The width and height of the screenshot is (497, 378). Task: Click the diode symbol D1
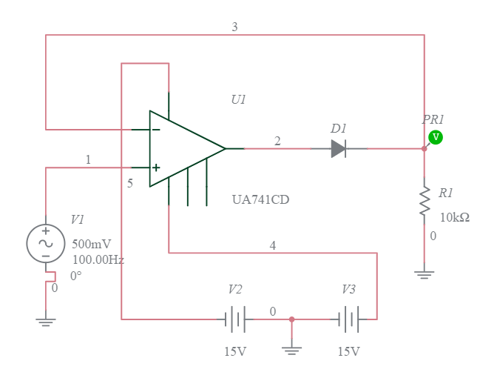pyautogui.click(x=339, y=149)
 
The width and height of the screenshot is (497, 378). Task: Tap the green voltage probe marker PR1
pyautogui.click(x=436, y=137)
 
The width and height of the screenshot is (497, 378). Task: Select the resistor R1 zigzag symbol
pyautogui.click(x=425, y=202)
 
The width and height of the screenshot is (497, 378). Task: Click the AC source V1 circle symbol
pyautogui.click(x=46, y=244)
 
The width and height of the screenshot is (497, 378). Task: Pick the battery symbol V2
pyautogui.click(x=235, y=319)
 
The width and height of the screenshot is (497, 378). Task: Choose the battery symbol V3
pyautogui.click(x=348, y=319)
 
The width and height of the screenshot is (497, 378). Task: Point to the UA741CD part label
pyautogui.click(x=260, y=199)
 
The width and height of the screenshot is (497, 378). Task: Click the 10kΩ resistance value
pyautogui.click(x=454, y=217)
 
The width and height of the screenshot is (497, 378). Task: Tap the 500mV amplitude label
pyautogui.click(x=91, y=244)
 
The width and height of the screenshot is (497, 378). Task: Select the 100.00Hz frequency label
pyautogui.click(x=98, y=259)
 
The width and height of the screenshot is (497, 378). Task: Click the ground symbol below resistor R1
pyautogui.click(x=425, y=274)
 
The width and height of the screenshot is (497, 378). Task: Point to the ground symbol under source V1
pyautogui.click(x=46, y=321)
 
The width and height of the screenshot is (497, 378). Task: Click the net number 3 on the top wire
pyautogui.click(x=234, y=27)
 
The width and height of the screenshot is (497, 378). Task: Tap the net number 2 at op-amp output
pyautogui.click(x=277, y=141)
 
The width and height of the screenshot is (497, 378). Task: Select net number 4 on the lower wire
pyautogui.click(x=273, y=245)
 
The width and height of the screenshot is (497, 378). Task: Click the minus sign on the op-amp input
pyautogui.click(x=155, y=130)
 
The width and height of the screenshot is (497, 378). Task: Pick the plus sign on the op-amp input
pyautogui.click(x=155, y=168)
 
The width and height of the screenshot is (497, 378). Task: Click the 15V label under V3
pyautogui.click(x=348, y=351)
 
